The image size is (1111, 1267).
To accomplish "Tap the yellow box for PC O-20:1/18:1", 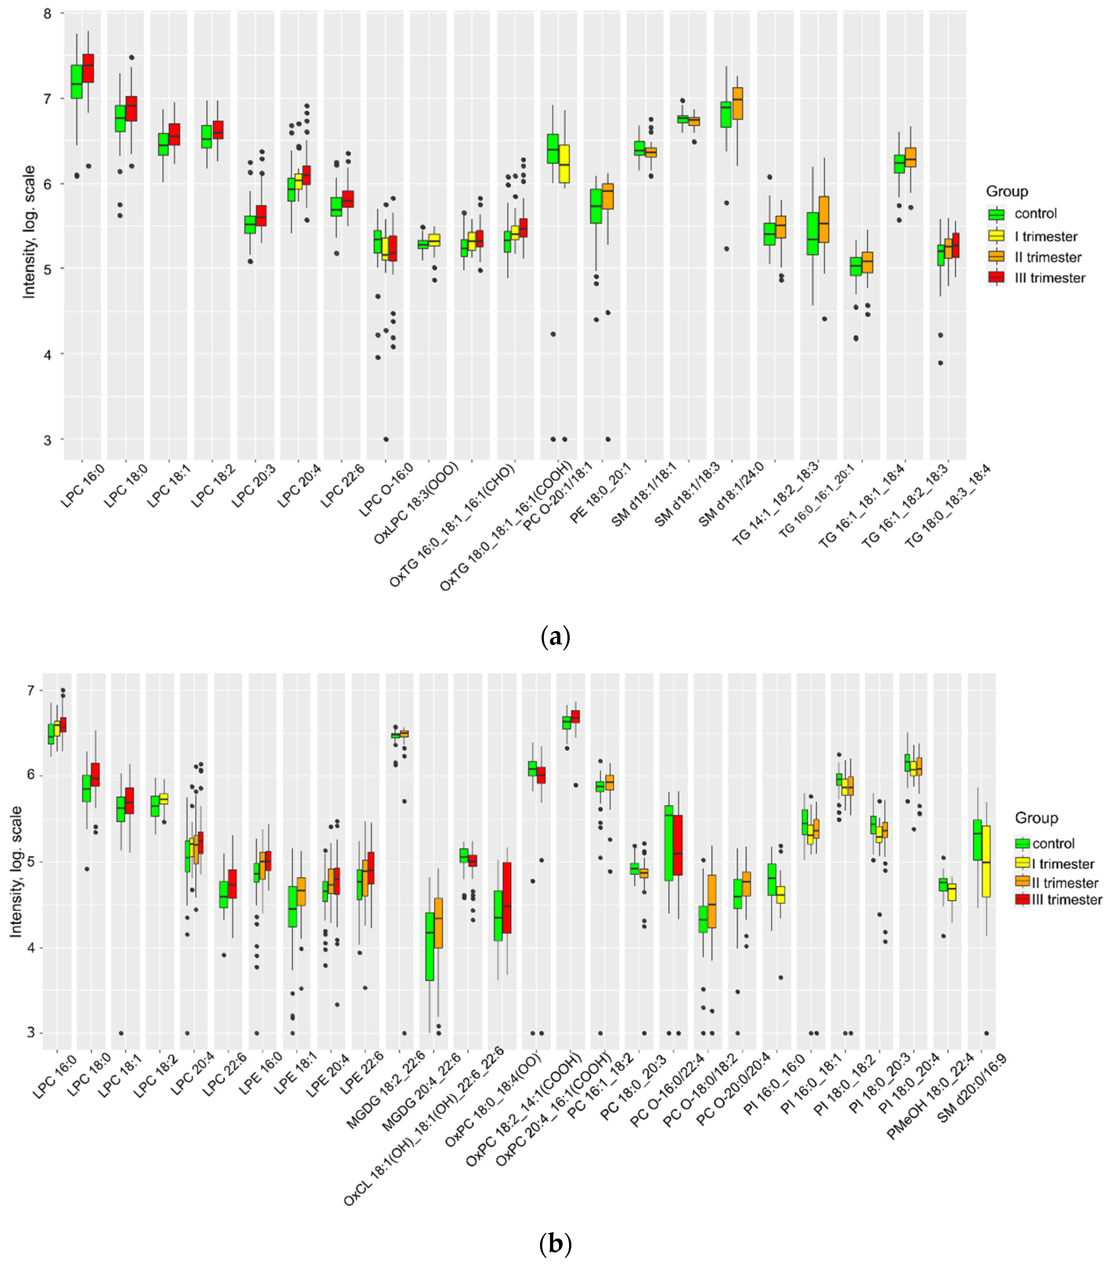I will coord(565,164).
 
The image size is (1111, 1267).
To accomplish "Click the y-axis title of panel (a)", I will coord(29,232).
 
